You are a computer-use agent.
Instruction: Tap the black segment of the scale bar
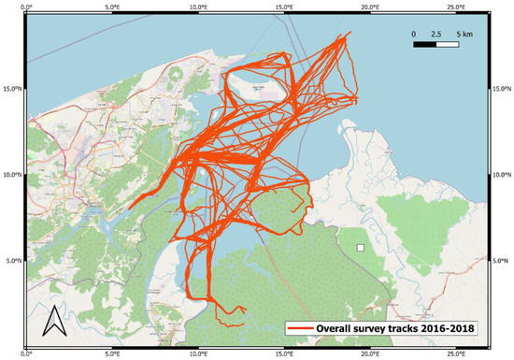pyautogui.click(x=425, y=44)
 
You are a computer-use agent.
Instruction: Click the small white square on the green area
pyautogui.click(x=360, y=248)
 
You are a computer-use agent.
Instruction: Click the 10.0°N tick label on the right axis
pyautogui.click(x=503, y=175)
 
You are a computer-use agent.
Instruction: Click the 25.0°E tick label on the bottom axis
pyautogui.click(x=456, y=354)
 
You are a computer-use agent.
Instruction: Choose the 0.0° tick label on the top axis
pyautogui.click(x=27, y=7)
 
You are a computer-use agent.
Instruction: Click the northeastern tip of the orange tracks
pyautogui.click(x=351, y=34)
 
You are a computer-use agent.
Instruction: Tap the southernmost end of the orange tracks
pyautogui.click(x=245, y=324)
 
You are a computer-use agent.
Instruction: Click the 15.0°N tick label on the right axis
pyautogui.click(x=503, y=89)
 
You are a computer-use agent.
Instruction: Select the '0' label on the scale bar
pyautogui.click(x=413, y=32)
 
